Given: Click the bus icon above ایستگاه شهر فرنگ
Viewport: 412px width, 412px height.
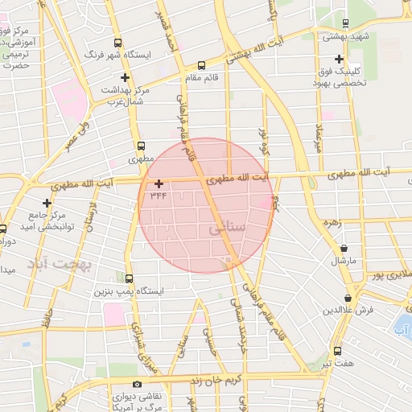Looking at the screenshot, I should (x=118, y=43).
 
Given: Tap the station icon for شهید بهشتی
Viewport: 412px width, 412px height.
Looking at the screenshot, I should (x=344, y=23).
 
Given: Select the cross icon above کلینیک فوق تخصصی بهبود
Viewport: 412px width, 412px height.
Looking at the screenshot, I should (x=340, y=59).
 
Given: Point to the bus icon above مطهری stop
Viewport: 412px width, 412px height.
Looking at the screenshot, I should (x=142, y=146).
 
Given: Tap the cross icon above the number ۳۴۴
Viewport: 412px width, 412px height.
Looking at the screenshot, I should (x=158, y=183).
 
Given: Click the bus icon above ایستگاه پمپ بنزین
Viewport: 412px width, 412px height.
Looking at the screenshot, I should (x=129, y=277).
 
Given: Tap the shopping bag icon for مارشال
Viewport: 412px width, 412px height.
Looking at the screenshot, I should (x=344, y=249).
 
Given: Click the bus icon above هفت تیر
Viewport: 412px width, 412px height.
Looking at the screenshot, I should (x=336, y=352).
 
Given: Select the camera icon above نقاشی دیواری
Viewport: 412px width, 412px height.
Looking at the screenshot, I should (x=137, y=385).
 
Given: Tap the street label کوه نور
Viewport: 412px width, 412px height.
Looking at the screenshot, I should (x=262, y=140).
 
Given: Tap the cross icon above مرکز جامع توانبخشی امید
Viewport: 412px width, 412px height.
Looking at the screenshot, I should (x=47, y=202).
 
